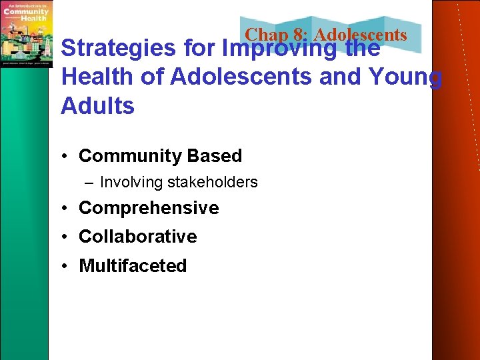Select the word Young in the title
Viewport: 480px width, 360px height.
click(x=407, y=77)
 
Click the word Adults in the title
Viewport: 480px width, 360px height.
click(x=97, y=106)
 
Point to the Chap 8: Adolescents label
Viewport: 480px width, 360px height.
click(x=325, y=35)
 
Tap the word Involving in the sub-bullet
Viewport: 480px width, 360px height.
click(x=131, y=182)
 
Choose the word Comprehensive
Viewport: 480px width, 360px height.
click(x=149, y=208)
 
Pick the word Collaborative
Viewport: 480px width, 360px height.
click(x=138, y=237)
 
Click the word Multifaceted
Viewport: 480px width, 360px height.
click(x=133, y=266)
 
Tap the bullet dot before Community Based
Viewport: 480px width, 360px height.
click(x=66, y=157)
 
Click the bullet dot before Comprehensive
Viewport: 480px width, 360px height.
click(x=66, y=209)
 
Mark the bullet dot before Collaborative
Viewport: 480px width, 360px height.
click(x=66, y=237)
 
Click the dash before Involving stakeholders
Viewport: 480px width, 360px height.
click(x=89, y=183)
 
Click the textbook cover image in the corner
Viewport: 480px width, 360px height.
click(x=27, y=33)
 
